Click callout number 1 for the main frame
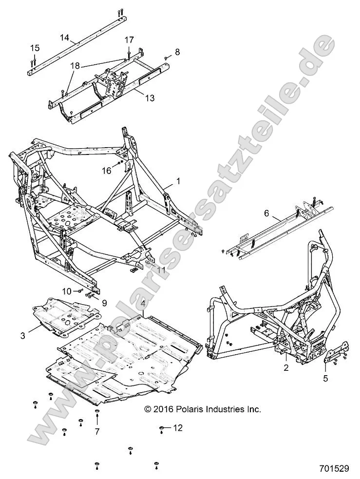click(x=178, y=181)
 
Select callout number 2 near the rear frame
click(x=286, y=368)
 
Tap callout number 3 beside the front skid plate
click(x=23, y=335)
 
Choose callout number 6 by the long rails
click(x=280, y=213)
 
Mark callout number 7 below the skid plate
click(x=97, y=432)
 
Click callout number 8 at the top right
click(x=177, y=52)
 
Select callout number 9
click(x=104, y=302)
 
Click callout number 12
click(x=178, y=428)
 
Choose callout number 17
click(x=129, y=39)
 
